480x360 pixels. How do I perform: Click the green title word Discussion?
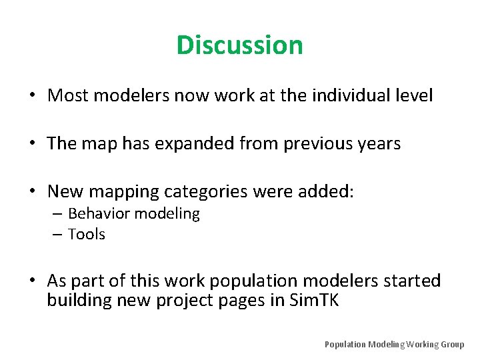[240, 45]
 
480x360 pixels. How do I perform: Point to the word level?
[414, 96]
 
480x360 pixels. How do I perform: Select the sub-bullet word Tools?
[87, 235]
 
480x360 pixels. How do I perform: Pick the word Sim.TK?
[315, 301]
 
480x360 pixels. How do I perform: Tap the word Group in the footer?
[451, 345]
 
